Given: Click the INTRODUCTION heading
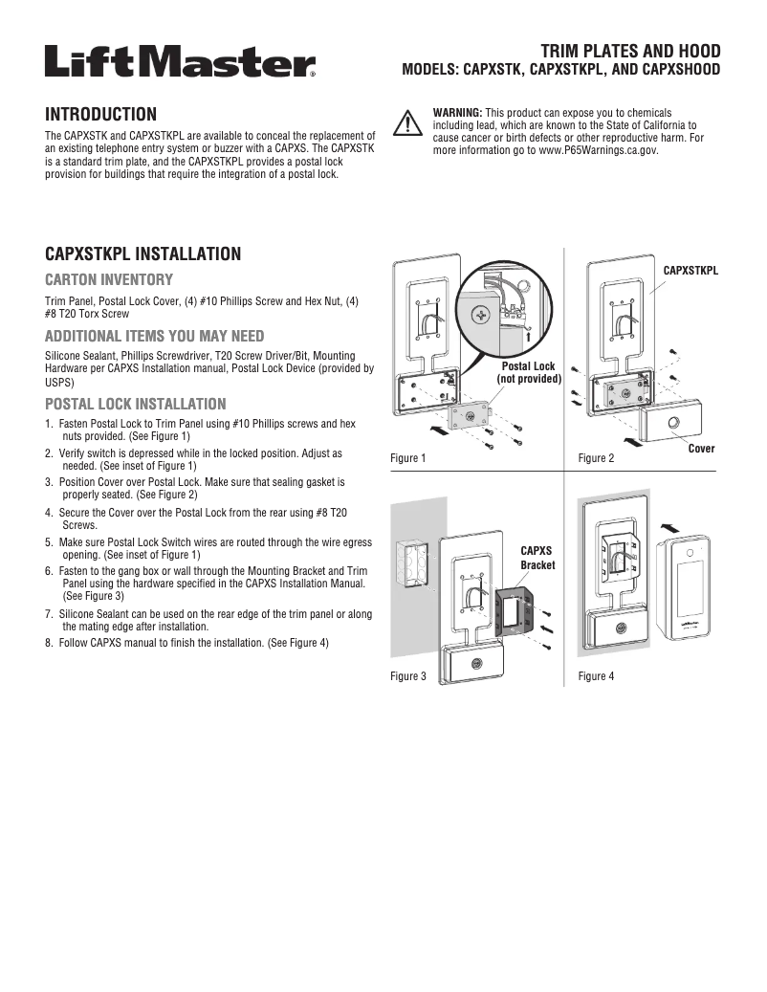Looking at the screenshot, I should [x=101, y=115].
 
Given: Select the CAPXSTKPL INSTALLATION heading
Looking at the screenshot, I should [x=143, y=254].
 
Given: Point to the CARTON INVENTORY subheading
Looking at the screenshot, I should [x=109, y=280].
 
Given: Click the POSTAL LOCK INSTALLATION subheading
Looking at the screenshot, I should [x=136, y=404].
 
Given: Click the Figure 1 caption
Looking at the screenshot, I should [x=408, y=458].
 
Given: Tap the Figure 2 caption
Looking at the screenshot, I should [x=597, y=458].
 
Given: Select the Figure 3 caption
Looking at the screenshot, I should [x=408, y=676].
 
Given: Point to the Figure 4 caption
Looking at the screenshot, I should [x=597, y=676].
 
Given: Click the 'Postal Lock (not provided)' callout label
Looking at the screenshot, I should [x=529, y=373].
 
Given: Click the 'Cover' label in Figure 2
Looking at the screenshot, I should [x=701, y=449].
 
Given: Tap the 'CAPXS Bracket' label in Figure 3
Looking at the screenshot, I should [x=537, y=558].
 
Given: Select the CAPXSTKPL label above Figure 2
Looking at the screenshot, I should [x=690, y=271].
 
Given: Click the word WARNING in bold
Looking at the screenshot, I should [x=457, y=112].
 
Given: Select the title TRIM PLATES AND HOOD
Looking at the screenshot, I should [x=630, y=50].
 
